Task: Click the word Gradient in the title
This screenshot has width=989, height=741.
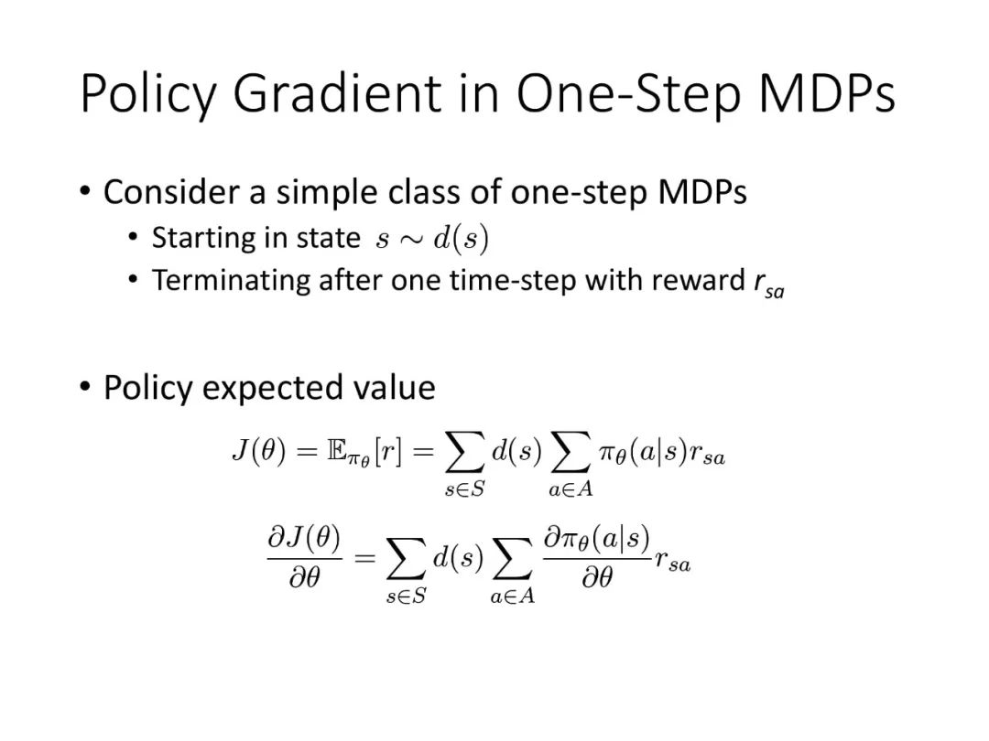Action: (337, 93)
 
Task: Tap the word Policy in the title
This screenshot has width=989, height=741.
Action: (149, 94)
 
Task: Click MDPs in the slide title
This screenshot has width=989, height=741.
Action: (826, 93)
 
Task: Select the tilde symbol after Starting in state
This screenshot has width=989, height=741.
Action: (410, 240)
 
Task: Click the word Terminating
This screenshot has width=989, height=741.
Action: (231, 281)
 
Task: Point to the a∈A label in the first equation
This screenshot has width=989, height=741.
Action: (571, 489)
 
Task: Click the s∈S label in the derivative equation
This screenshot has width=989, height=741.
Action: (407, 596)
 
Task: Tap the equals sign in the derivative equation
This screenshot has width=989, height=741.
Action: (364, 558)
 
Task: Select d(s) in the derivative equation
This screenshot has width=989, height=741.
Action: (458, 557)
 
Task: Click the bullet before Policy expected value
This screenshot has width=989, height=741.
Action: (85, 386)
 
